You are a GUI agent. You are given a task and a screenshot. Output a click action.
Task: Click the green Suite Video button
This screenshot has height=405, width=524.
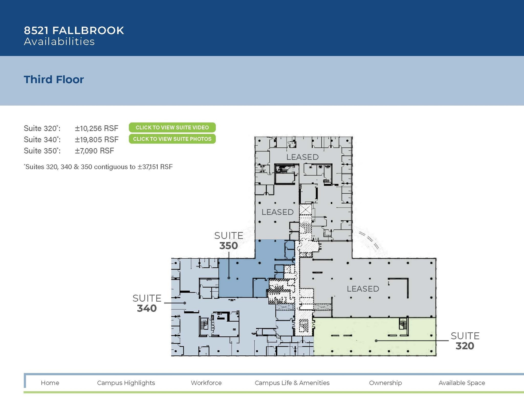(172, 127)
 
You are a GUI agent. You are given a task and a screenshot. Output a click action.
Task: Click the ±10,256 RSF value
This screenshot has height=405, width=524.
(96, 128)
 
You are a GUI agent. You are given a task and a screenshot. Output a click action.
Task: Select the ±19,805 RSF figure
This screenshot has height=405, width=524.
(96, 139)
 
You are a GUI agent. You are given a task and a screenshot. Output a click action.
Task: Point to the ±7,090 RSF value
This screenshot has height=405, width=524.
(94, 151)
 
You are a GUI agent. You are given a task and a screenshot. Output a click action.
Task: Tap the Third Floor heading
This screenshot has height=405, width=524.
(54, 80)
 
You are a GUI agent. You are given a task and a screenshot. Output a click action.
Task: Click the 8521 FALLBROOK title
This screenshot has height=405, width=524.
(74, 30)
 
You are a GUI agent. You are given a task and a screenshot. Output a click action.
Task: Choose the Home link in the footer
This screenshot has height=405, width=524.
(50, 383)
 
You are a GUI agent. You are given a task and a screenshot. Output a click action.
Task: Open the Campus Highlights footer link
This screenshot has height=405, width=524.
(126, 383)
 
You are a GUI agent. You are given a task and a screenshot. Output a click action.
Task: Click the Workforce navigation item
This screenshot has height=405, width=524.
(206, 383)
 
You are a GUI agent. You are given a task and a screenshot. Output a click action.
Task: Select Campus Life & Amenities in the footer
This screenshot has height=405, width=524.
(292, 383)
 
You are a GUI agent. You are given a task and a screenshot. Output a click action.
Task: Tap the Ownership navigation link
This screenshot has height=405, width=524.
(385, 383)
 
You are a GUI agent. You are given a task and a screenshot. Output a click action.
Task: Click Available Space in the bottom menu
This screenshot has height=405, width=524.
(462, 383)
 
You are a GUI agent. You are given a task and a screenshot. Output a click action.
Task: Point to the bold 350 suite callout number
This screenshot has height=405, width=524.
(228, 246)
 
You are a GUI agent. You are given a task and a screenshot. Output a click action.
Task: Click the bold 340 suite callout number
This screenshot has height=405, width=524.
(147, 308)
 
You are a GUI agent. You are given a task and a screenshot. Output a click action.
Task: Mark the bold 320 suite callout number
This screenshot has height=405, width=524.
(465, 346)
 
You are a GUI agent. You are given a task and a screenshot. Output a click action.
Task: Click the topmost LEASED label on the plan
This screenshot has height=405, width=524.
(302, 157)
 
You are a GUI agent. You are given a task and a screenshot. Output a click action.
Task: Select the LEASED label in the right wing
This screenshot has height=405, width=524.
(363, 289)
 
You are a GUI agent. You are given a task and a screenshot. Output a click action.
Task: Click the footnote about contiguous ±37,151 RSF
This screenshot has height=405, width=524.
(98, 167)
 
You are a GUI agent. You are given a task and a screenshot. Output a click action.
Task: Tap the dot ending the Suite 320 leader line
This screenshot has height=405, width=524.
(376, 341)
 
